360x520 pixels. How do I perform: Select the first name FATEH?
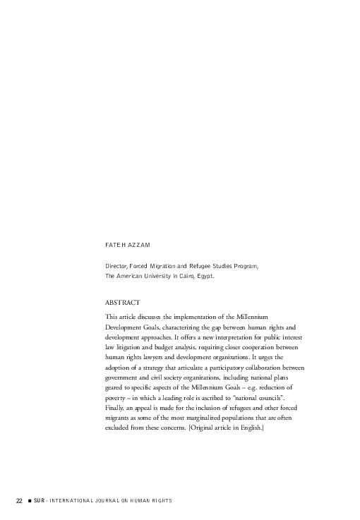pyautogui.click(x=114, y=245)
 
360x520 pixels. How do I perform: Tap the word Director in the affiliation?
pyautogui.click(x=115, y=266)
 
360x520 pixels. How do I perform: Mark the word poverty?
pyautogui.click(x=115, y=398)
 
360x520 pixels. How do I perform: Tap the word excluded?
pyautogui.click(x=118, y=428)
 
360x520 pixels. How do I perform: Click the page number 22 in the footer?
pyautogui.click(x=19, y=500)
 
